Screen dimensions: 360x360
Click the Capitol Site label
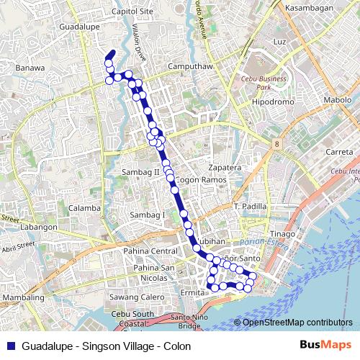pyautogui.click(x=132, y=12)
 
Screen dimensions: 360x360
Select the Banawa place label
pyautogui.click(x=30, y=68)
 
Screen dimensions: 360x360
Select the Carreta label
pyautogui.click(x=338, y=152)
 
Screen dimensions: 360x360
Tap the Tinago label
pyautogui.click(x=283, y=234)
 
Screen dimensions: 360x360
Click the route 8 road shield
pyautogui.click(x=276, y=145)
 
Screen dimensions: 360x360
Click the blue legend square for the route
pyautogui.click(x=9, y=346)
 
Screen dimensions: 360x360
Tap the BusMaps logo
pyautogui.click(x=330, y=346)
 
